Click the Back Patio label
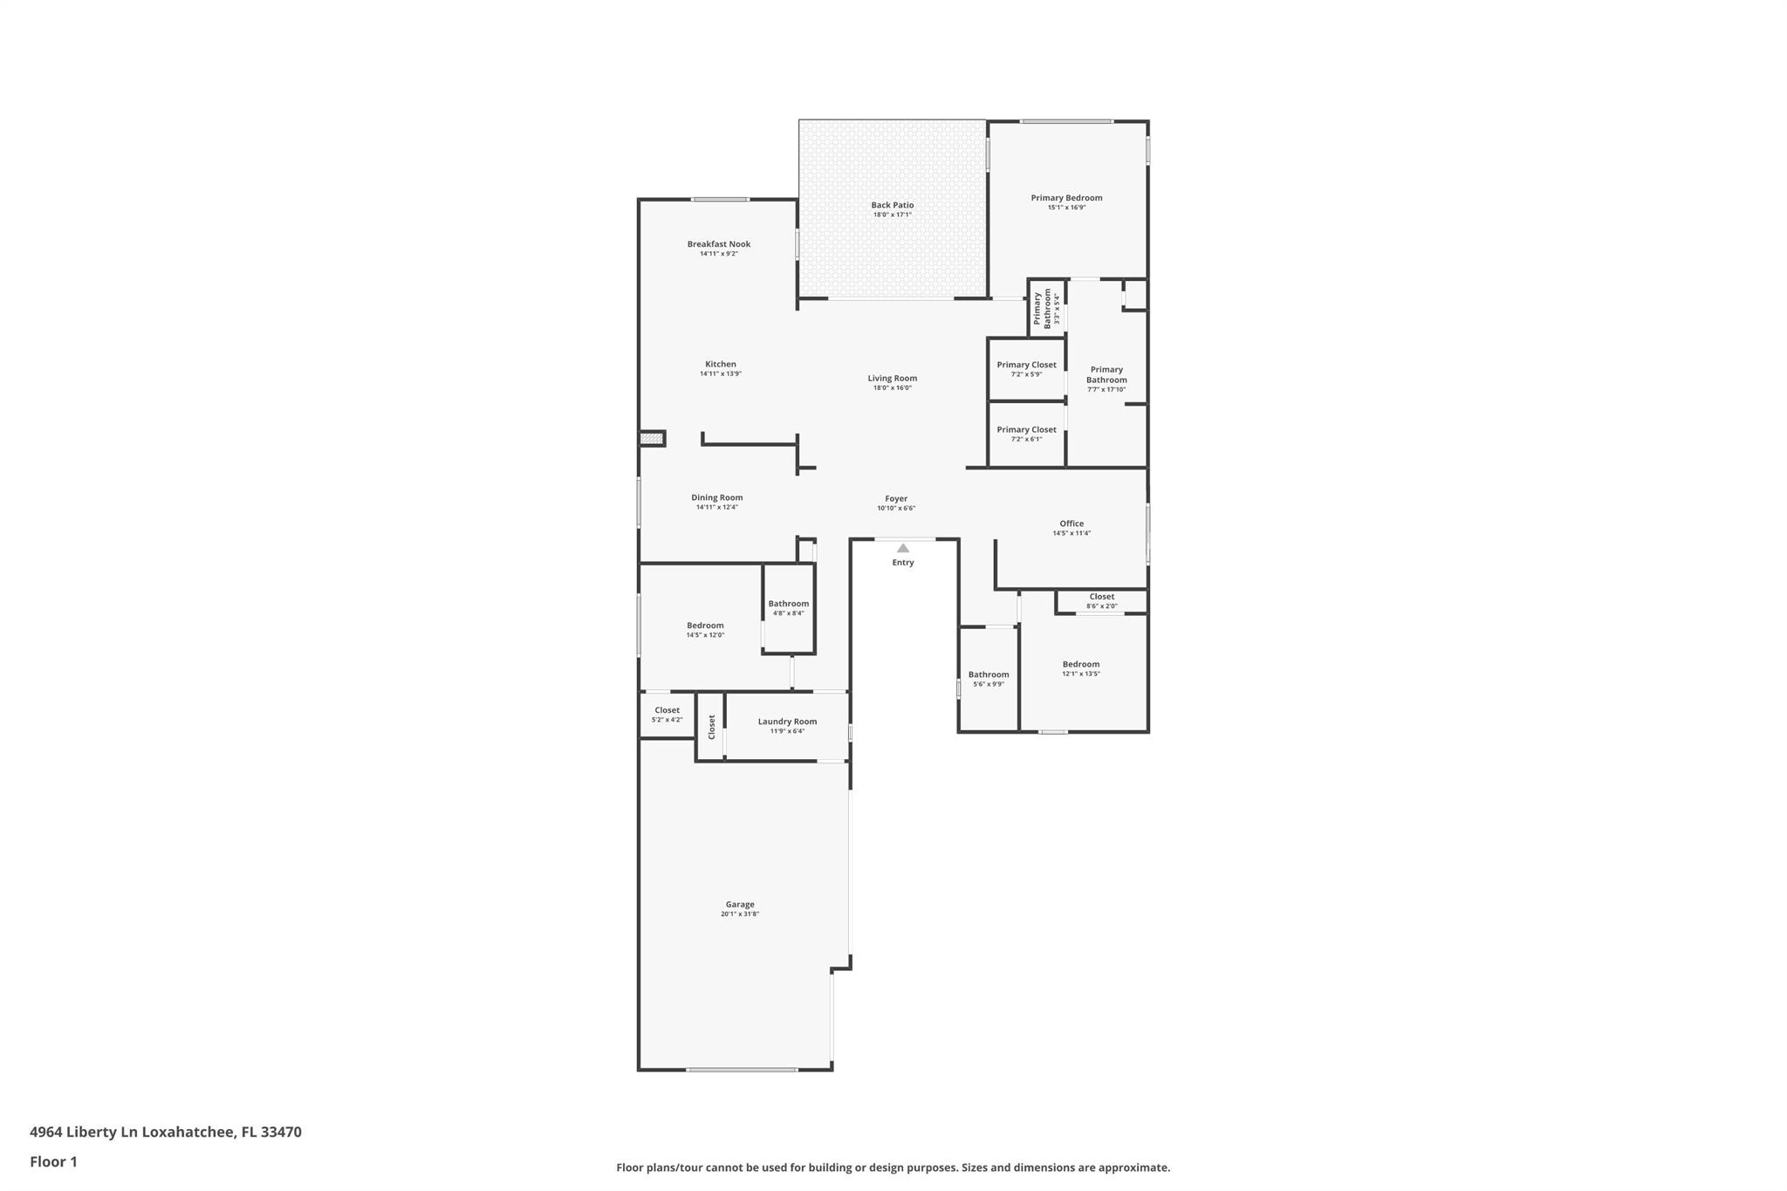(892, 205)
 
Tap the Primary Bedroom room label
(1066, 198)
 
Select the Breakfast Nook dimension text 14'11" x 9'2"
(718, 254)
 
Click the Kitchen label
(720, 364)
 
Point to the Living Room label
(892, 378)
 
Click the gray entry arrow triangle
(903, 548)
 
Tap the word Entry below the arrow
(903, 563)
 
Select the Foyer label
(896, 498)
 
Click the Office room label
(1072, 524)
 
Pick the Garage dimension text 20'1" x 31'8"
(740, 914)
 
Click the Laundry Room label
(787, 722)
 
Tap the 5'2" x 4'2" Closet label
(667, 715)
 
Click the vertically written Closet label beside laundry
(711, 726)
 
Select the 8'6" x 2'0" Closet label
(1101, 601)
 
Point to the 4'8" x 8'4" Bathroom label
(788, 607)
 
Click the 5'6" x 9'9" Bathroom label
(989, 678)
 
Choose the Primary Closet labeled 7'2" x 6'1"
(1026, 434)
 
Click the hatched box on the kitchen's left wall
(651, 438)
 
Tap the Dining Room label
(717, 497)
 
